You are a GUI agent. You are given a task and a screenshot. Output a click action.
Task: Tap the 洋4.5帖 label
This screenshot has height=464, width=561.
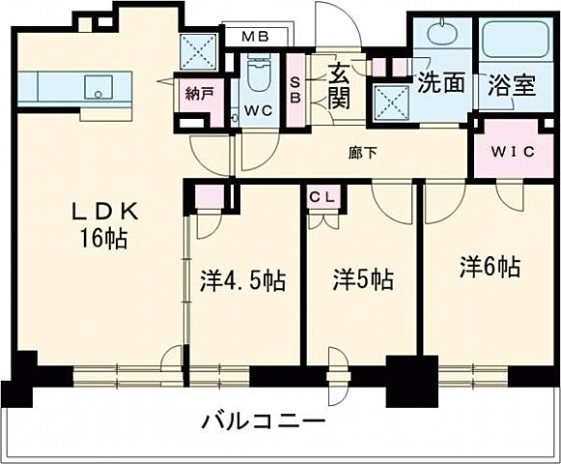(242, 281)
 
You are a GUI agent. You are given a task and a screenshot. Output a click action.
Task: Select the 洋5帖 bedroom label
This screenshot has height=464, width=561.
(363, 281)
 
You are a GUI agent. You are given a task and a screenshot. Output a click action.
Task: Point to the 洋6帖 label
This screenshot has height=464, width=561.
(490, 267)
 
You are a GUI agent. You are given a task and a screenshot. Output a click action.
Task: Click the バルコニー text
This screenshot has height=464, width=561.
(264, 422)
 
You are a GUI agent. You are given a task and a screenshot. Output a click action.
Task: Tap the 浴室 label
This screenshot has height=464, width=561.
(512, 84)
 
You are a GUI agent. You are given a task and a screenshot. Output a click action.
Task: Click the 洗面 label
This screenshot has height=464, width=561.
(441, 83)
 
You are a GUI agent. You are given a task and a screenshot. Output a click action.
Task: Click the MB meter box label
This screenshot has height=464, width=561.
(255, 37)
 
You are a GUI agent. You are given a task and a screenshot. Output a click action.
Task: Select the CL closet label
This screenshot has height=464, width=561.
(323, 196)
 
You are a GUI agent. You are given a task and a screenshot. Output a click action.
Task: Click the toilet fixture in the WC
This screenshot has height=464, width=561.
(258, 74)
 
